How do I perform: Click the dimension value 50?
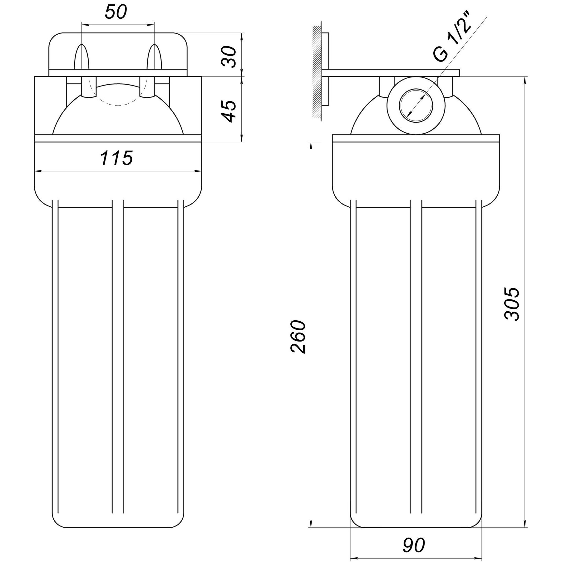pyautogui.click(x=116, y=13)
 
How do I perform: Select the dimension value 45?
pyautogui.click(x=230, y=111)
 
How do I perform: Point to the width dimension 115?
pyautogui.click(x=116, y=158)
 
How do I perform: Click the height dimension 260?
pyautogui.click(x=298, y=337)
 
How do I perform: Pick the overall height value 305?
pyautogui.click(x=512, y=303)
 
